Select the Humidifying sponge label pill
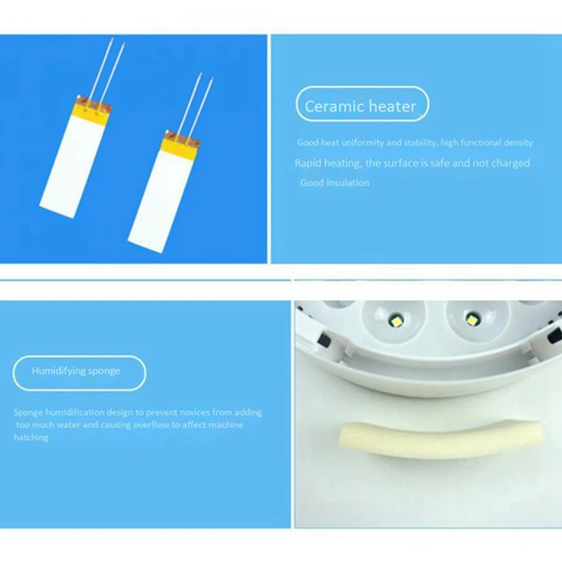click(79, 372)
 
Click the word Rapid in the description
click(308, 164)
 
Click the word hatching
click(31, 437)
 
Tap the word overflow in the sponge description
click(150, 425)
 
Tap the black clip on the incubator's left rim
click(325, 339)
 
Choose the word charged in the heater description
click(511, 164)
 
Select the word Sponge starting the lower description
click(28, 412)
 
